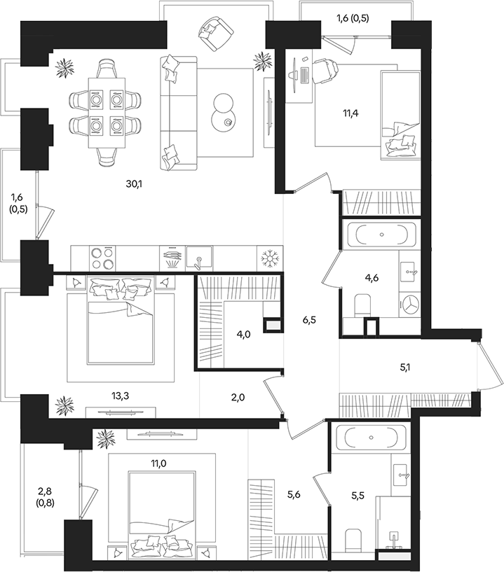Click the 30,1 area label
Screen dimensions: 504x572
point(134,184)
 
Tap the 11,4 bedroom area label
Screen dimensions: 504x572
point(350,113)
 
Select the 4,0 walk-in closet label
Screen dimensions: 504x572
point(244,334)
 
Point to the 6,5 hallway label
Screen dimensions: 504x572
point(309,320)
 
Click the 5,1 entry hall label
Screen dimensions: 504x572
point(405,368)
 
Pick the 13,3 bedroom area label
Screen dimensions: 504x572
point(121,396)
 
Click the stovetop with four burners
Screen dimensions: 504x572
point(102,258)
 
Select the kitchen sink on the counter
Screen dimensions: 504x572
point(199,258)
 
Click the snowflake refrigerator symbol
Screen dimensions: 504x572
point(270,258)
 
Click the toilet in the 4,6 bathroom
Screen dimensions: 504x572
point(362,305)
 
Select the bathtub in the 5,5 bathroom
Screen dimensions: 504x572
point(371,437)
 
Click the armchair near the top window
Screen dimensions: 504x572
point(215,34)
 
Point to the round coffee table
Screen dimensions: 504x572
point(223,113)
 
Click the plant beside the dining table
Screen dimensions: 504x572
point(65,67)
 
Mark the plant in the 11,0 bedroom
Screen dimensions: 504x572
point(106,438)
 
